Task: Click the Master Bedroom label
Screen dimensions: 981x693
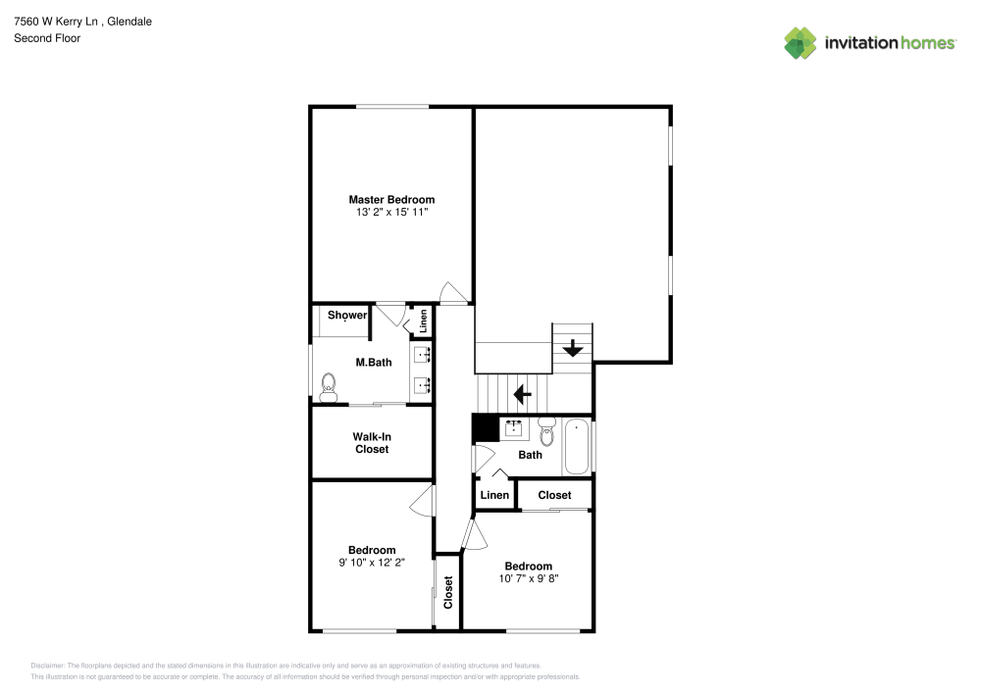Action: coord(391,199)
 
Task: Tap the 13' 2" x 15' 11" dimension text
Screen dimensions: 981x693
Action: coord(391,212)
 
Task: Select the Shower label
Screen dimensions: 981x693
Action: coord(347,315)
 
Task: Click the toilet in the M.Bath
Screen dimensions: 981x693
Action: coord(329,387)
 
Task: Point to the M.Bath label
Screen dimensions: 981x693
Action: coord(374,363)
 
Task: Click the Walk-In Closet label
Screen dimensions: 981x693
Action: coord(372,443)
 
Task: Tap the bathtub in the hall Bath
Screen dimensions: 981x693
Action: coord(577,447)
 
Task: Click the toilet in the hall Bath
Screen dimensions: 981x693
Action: coord(546,430)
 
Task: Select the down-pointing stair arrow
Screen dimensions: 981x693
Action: coord(573,348)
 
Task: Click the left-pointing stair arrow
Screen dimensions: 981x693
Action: coord(523,394)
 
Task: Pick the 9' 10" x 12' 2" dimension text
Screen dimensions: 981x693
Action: coord(372,563)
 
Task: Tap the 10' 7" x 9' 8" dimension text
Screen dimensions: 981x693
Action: coord(529,578)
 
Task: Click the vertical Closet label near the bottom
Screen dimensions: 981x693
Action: coord(448,592)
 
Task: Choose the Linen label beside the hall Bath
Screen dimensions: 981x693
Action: coord(494,495)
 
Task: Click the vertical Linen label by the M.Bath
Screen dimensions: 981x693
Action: coord(424,322)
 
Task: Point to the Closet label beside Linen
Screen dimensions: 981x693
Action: coord(554,495)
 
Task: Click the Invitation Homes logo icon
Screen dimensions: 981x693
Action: coord(800,43)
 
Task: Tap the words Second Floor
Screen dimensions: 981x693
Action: coord(47,38)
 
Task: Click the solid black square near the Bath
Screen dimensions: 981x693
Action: coord(486,428)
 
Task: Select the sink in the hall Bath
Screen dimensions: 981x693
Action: coord(514,428)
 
